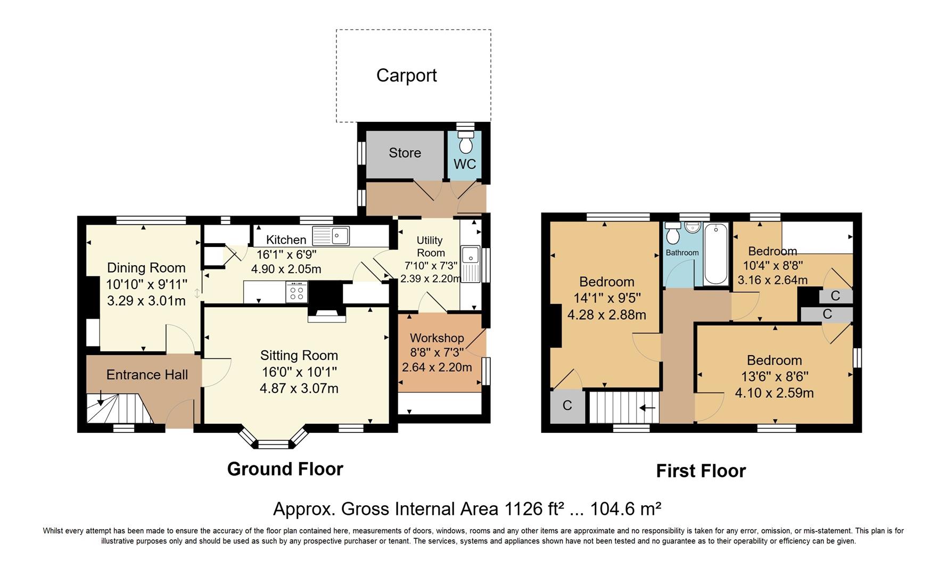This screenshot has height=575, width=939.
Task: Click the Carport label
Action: point(407,76)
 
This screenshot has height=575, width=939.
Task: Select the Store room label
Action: point(405,153)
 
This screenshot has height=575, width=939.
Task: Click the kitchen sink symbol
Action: point(331,235)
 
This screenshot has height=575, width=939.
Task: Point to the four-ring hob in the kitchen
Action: point(296,292)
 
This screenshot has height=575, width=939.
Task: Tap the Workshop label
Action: point(437,338)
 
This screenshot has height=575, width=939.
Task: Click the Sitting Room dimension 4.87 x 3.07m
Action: point(299,389)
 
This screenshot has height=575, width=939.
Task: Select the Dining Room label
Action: point(146,268)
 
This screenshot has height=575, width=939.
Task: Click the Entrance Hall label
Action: point(147,375)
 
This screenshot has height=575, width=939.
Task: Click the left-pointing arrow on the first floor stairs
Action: point(647,408)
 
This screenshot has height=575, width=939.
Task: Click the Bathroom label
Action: point(682,252)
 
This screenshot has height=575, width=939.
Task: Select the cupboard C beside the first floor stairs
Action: point(567,406)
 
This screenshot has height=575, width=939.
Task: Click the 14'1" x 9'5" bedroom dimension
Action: point(607,298)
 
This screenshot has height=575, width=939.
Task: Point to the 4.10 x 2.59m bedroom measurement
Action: point(775,393)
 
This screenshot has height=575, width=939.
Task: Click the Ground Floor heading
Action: point(285,469)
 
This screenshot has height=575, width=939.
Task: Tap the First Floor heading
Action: point(701,471)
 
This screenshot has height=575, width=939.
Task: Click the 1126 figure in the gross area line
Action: point(524,509)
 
